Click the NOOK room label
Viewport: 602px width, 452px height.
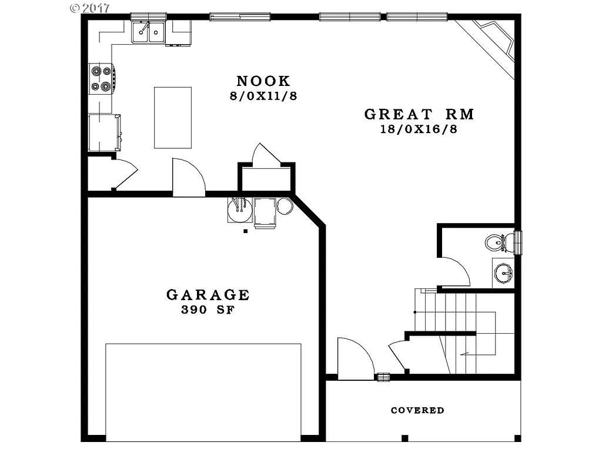[263, 81]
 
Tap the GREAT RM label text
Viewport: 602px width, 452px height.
[419, 114]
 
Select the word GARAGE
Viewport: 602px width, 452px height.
[208, 295]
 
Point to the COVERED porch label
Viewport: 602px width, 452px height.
[417, 410]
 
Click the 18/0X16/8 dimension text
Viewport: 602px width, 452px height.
[419, 129]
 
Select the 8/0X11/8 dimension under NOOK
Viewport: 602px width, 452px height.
[263, 95]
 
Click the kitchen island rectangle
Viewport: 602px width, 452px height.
[173, 118]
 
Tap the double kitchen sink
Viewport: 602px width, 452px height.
[148, 32]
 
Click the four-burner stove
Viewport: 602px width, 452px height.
[101, 79]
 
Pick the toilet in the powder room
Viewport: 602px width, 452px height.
[495, 242]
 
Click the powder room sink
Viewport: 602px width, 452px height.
[503, 273]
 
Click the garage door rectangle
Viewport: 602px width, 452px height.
[203, 391]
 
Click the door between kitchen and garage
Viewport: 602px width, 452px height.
[188, 178]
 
